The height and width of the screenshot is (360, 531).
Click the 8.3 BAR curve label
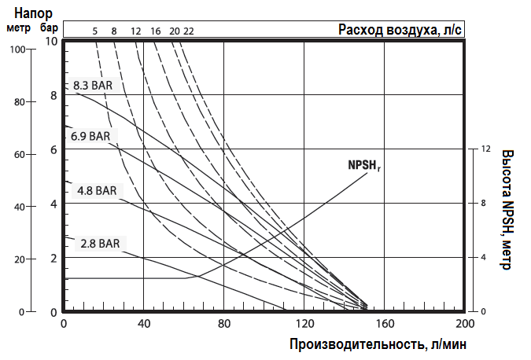point(93,85)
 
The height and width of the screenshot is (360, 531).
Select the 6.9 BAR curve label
point(90,136)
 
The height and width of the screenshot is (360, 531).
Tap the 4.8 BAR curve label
point(97,190)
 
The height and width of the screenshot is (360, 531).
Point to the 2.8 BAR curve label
point(100,244)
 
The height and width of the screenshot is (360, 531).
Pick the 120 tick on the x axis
point(304,323)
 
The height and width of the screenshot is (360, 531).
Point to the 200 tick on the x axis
point(465,323)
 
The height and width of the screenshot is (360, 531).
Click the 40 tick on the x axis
point(144,323)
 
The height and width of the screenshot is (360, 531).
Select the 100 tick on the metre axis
point(19,49)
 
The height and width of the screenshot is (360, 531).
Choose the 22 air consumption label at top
point(188,31)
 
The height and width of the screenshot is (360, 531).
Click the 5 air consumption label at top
point(95,31)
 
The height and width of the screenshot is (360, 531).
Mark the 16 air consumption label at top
point(156,31)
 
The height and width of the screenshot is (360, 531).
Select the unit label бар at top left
point(49,28)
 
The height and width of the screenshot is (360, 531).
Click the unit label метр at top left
point(19,28)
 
